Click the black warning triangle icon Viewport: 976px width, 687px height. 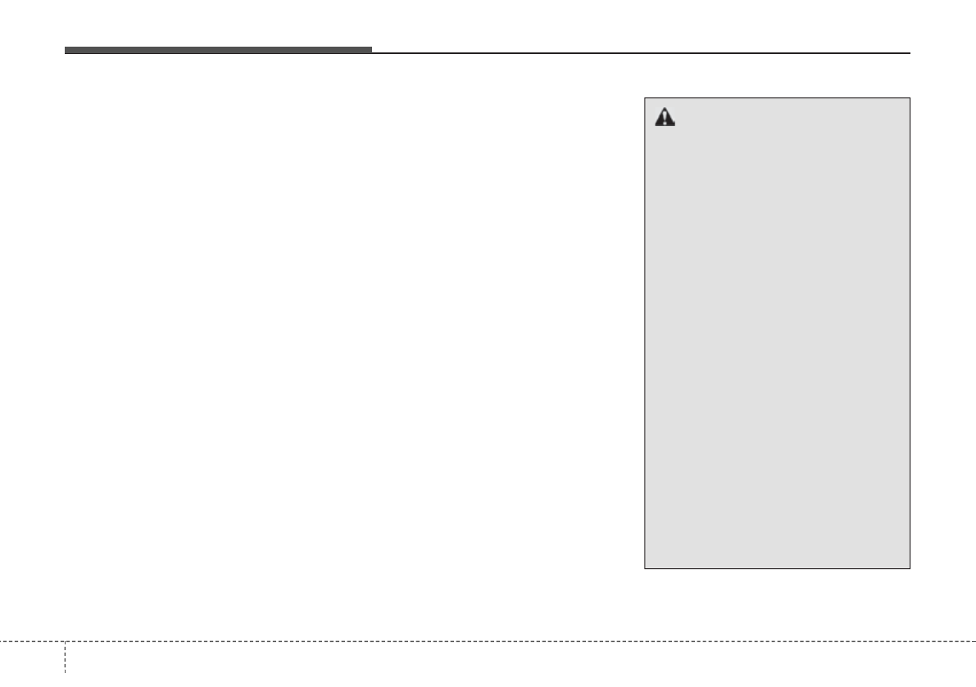[x=664, y=118]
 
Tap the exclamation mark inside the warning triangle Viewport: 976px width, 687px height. [x=664, y=120]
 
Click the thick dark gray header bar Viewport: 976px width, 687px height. [x=218, y=50]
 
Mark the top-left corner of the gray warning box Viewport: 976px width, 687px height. [x=645, y=98]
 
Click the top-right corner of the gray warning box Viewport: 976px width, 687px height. [x=910, y=98]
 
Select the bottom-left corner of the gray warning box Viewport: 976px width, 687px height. [x=645, y=567]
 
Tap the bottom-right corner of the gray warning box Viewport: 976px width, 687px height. [x=910, y=567]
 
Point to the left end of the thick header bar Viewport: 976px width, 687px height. [x=66, y=50]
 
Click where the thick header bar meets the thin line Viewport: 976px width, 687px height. [x=372, y=52]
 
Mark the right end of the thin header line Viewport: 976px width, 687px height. [x=910, y=53]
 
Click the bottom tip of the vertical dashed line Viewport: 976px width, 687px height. [x=65, y=685]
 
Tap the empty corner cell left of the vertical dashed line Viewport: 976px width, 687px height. [x=32, y=664]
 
